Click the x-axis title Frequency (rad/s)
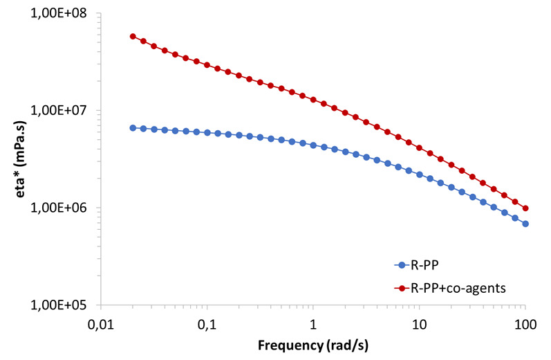click(313, 344)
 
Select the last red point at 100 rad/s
click(525, 208)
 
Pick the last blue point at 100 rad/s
click(525, 224)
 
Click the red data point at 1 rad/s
click(313, 100)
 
